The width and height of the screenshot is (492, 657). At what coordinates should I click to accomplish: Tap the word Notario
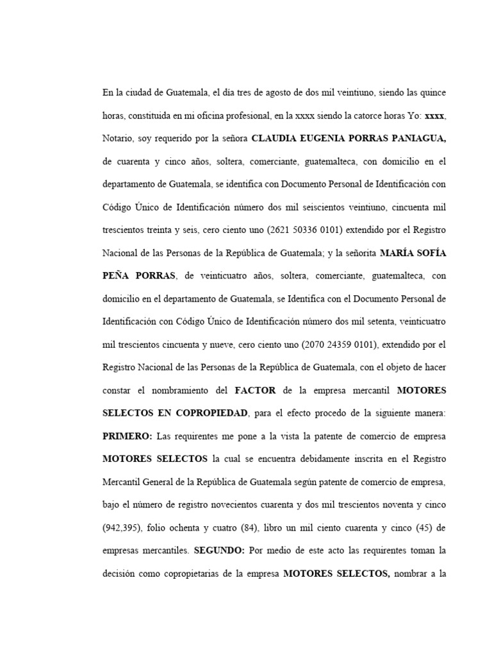[x=116, y=138]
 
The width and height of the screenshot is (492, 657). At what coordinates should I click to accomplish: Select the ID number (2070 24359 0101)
[x=341, y=344]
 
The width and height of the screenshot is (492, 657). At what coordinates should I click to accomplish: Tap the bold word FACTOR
[x=257, y=389]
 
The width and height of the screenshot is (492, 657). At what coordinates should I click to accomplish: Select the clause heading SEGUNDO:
[x=220, y=550]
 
